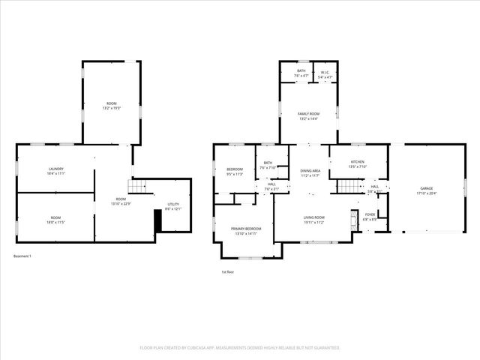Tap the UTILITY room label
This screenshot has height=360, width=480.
click(172, 204)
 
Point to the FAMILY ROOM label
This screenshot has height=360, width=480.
click(309, 114)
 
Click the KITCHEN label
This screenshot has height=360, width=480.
click(358, 162)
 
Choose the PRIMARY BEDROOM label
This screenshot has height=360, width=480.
click(246, 229)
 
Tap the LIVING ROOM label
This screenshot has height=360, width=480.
click(313, 217)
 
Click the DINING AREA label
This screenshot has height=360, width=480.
click(311, 171)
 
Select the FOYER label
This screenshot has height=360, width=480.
click(370, 214)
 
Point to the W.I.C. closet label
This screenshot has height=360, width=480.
click(324, 72)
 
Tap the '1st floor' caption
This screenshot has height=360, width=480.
click(228, 271)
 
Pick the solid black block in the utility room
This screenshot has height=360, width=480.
click(157, 222)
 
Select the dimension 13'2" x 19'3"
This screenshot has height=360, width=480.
click(112, 108)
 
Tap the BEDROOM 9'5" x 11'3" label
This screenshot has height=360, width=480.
click(235, 172)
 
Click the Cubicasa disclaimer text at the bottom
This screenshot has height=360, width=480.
click(240, 348)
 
